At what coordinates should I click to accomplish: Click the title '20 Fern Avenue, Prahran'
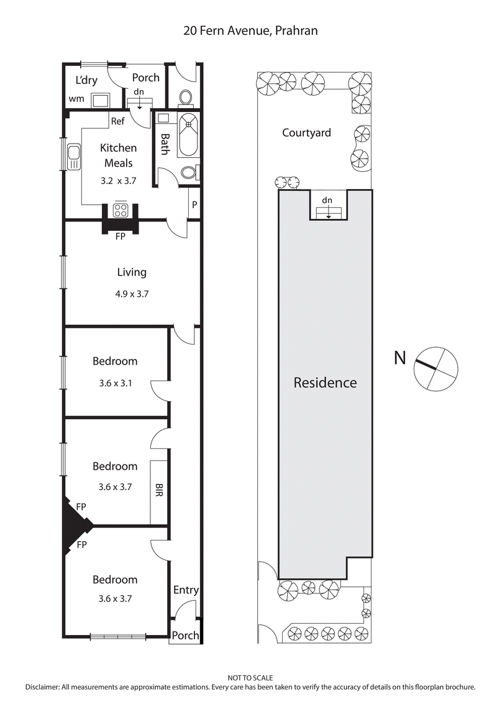[x=250, y=30]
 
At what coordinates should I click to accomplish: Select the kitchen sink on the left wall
[x=74, y=157]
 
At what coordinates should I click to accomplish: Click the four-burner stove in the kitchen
[x=121, y=210]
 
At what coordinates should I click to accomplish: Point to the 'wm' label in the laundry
[x=76, y=99]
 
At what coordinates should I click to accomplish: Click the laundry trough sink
[x=99, y=100]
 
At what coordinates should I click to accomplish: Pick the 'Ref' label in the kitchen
[x=118, y=121]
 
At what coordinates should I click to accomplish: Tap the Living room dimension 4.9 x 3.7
[x=132, y=294]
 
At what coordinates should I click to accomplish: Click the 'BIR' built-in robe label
[x=160, y=491]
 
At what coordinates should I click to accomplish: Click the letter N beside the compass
[x=401, y=358]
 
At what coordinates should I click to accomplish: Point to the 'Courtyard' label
[x=306, y=132]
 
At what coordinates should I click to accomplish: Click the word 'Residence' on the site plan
[x=325, y=382]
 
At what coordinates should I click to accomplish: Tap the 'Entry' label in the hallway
[x=185, y=590]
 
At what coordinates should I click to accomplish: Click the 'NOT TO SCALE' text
[x=250, y=678]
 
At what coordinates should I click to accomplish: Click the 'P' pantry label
[x=194, y=205]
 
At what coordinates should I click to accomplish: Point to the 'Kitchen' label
[x=118, y=148]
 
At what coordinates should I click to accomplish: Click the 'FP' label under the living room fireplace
[x=121, y=236]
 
